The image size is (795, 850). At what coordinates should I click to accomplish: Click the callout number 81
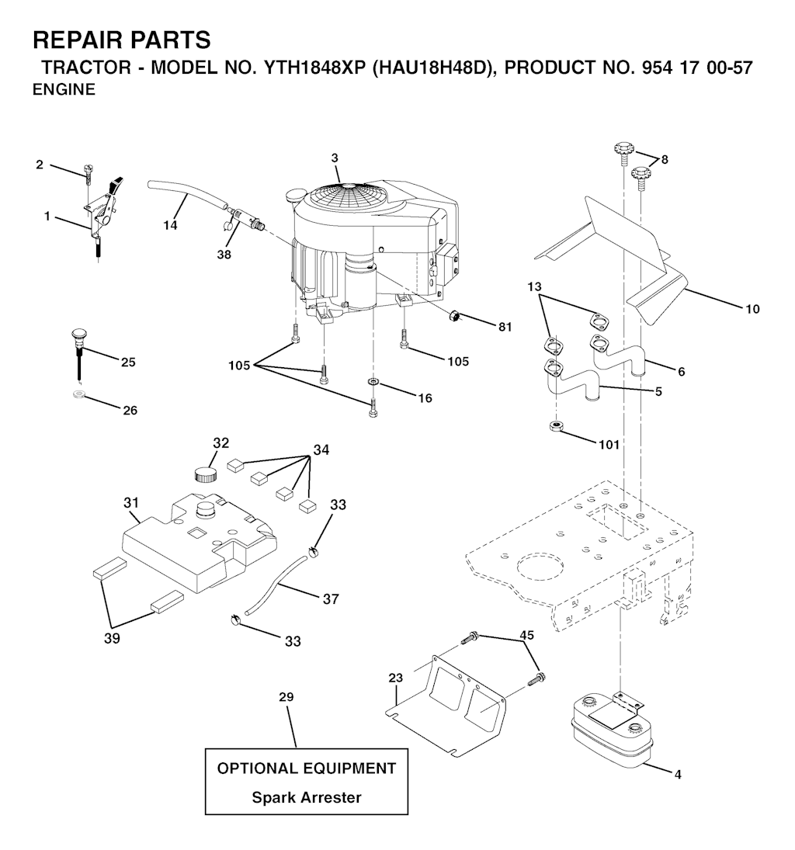click(x=505, y=327)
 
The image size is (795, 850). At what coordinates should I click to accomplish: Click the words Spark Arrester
click(x=306, y=797)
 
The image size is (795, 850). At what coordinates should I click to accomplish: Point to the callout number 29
click(x=286, y=698)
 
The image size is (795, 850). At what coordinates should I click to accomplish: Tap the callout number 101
click(x=609, y=445)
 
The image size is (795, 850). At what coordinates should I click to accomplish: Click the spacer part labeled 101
click(x=555, y=426)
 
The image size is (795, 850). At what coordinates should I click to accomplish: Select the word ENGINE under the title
click(x=64, y=89)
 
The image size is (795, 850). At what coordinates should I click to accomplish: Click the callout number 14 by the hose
click(x=170, y=225)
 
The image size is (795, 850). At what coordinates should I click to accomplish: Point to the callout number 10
click(x=752, y=310)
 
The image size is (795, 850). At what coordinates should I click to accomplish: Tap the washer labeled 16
click(x=373, y=383)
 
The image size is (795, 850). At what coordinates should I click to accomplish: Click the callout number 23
click(x=396, y=677)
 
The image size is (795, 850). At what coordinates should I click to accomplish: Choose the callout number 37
click(x=330, y=598)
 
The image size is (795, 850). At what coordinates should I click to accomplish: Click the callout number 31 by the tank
click(x=130, y=503)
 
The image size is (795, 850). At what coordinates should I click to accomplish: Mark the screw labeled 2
click(x=89, y=173)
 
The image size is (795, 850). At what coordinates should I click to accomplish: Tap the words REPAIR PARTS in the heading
click(x=121, y=40)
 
